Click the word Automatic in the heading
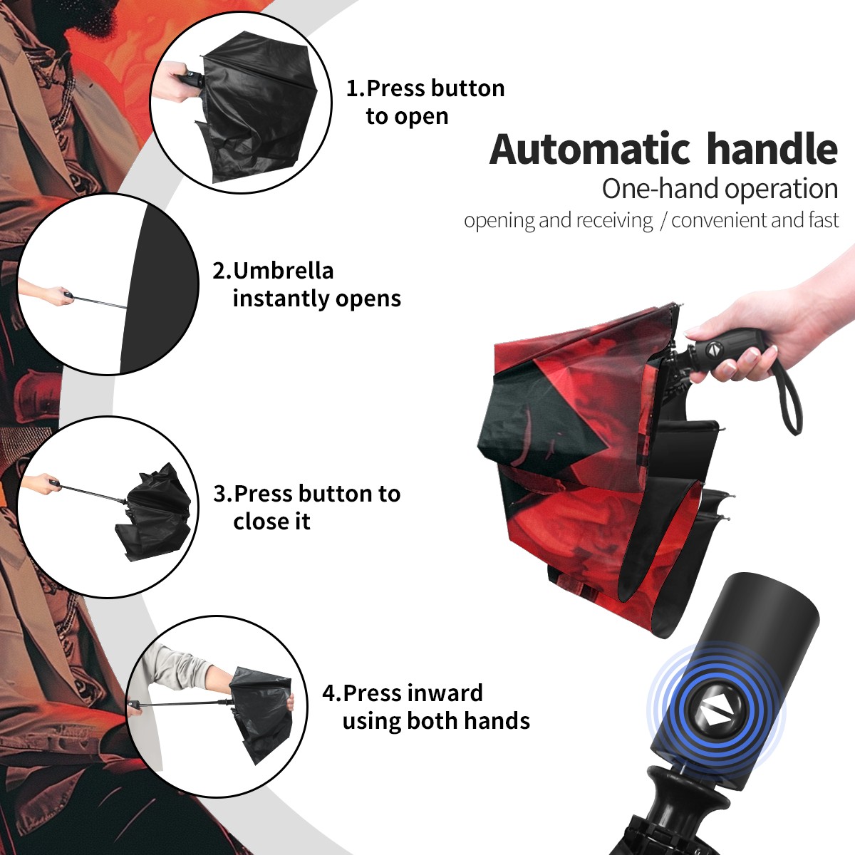click(x=590, y=149)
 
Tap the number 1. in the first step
click(x=356, y=88)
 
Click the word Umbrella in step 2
click(x=283, y=271)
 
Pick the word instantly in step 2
click(x=281, y=299)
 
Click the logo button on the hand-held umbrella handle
click(x=713, y=350)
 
